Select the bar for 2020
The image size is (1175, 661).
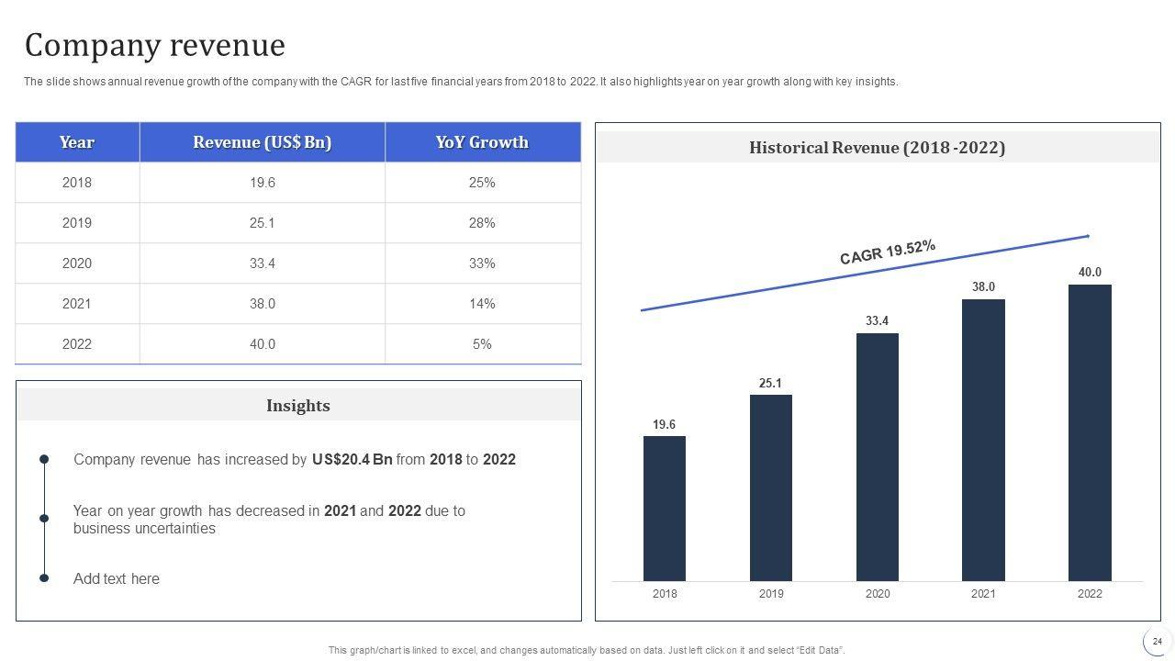[x=877, y=456]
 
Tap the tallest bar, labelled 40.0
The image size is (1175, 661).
[x=1090, y=432]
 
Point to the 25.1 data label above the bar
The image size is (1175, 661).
[x=770, y=383]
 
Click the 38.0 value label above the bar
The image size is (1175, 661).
[x=983, y=286]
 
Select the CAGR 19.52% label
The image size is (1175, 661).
[x=888, y=252]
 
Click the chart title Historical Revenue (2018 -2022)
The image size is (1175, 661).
[x=877, y=148]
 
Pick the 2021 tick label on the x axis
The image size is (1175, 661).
[x=983, y=594]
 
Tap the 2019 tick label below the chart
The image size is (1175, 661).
[x=771, y=594]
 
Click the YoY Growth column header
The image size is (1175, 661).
[x=482, y=142]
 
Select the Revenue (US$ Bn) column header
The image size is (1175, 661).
[x=263, y=142]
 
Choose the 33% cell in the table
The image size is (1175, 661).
[x=482, y=263]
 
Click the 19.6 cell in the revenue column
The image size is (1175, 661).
[x=263, y=183]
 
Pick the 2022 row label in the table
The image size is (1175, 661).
[x=77, y=344]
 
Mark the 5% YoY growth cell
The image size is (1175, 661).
[x=482, y=344]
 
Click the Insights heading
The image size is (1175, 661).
[x=298, y=406]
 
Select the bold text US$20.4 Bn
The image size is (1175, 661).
[x=352, y=460]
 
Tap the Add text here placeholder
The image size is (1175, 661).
[x=117, y=579]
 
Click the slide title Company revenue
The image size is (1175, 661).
[x=155, y=45]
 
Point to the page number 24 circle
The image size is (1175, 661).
[x=1158, y=642]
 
